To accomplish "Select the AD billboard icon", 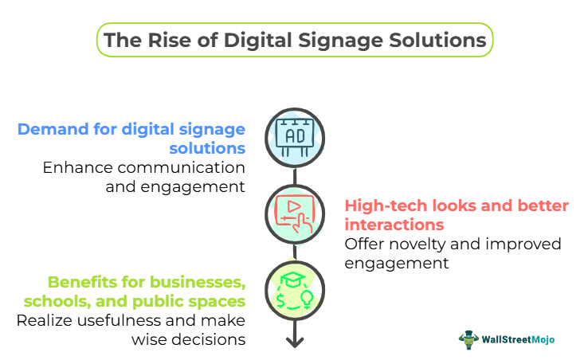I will coord(295,136).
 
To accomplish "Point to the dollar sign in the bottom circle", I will coord(280,299).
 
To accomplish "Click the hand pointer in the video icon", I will coord(302,223).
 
